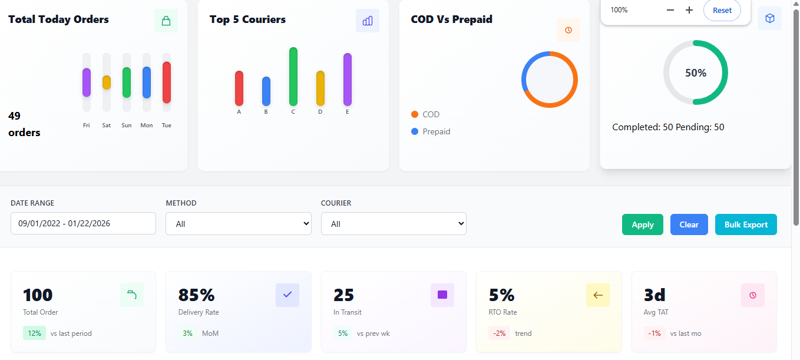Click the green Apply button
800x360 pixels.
[642, 224]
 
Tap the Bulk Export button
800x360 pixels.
[746, 224]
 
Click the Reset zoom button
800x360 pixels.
[722, 10]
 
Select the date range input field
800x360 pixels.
[83, 223]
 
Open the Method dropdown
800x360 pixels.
[238, 224]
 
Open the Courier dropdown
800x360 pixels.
[394, 224]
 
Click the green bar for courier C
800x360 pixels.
[293, 77]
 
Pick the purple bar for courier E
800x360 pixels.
[348, 80]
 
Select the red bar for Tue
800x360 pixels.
[167, 82]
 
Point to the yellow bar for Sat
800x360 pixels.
[107, 82]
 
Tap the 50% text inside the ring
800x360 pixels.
[696, 73]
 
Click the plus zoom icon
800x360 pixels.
[689, 10]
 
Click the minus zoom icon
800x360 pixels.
[670, 10]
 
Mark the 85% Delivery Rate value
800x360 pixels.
[196, 295]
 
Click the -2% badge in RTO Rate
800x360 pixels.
[499, 333]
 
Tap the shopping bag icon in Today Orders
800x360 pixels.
[166, 21]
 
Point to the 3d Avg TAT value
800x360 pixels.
[655, 295]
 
